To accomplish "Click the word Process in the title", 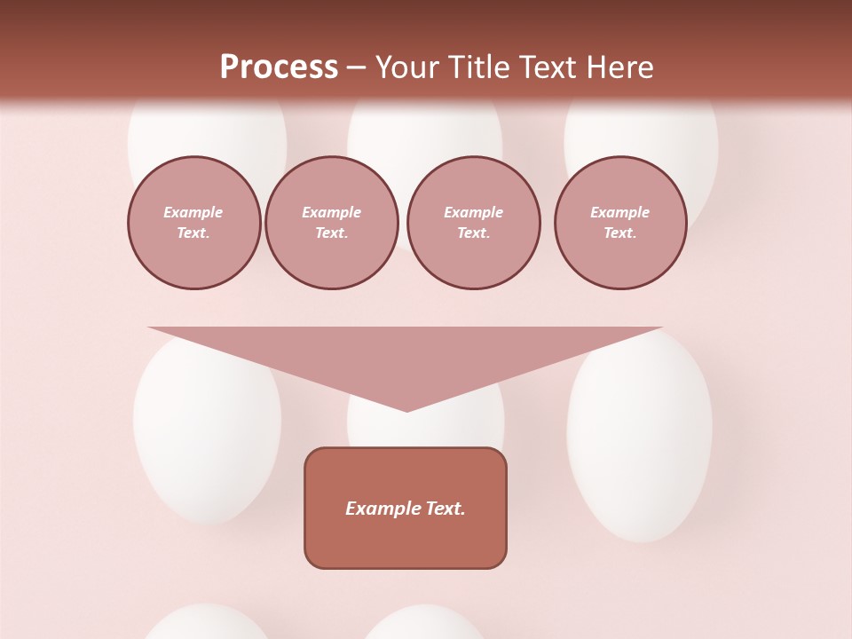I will (279, 67).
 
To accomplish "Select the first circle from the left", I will (193, 223).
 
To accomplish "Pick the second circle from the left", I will (331, 223).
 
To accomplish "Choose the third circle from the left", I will (473, 223).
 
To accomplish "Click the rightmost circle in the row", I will (620, 223).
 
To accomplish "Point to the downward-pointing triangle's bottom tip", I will (406, 410).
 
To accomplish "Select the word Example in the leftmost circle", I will (193, 213).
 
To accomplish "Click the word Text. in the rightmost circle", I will (620, 233).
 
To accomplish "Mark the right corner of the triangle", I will (660, 328).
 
